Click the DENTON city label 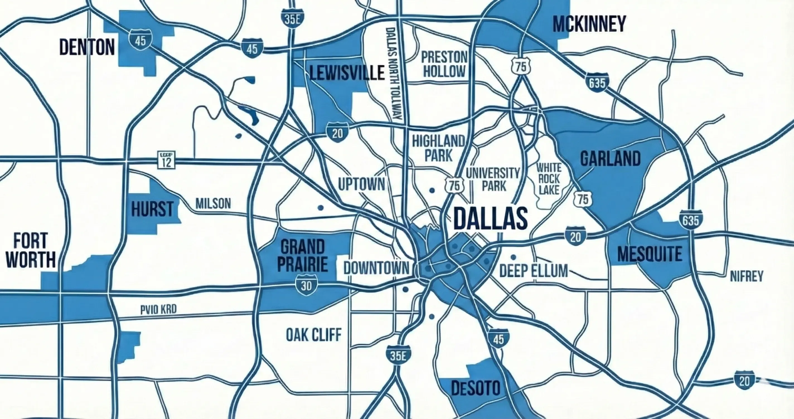click(87, 47)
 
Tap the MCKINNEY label click(589, 24)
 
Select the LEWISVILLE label click(347, 73)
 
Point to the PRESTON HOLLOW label click(444, 64)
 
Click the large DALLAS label click(490, 218)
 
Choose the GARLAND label click(610, 159)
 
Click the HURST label click(152, 209)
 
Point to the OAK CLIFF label click(314, 335)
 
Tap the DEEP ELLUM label click(533, 271)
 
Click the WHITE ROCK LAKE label click(549, 179)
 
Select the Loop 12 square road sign click(166, 160)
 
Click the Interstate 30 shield click(306, 285)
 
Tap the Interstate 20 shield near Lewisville click(338, 133)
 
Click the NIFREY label click(747, 276)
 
